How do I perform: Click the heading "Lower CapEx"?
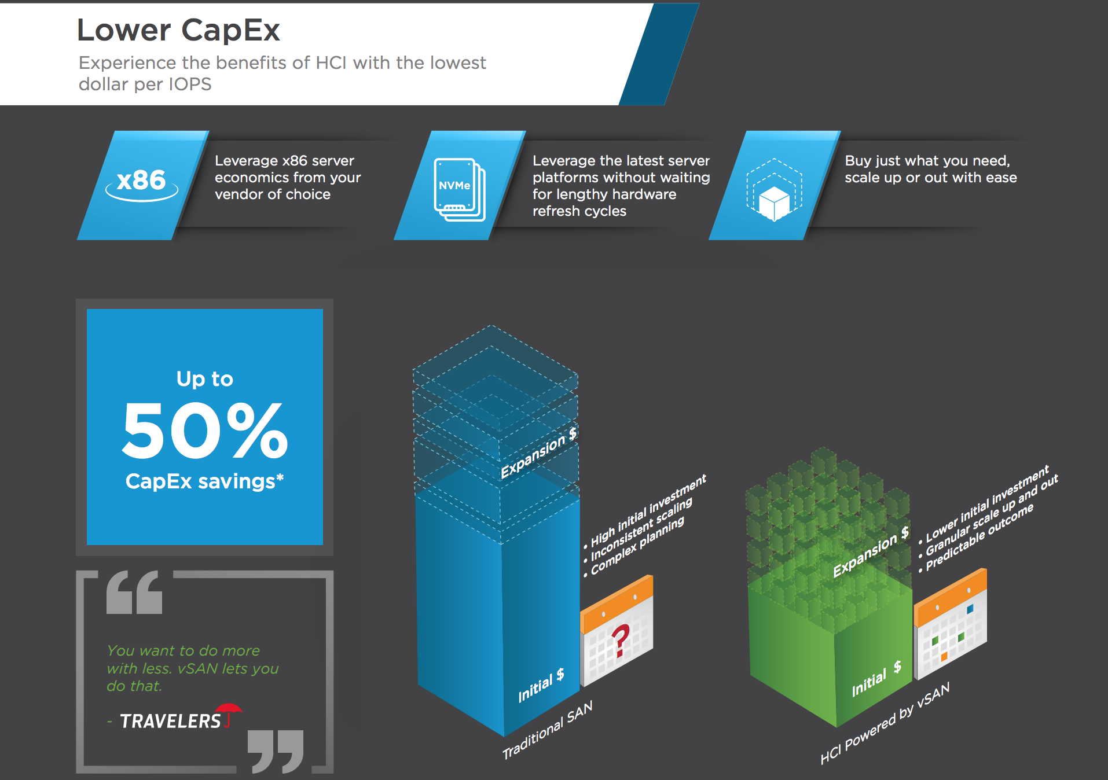click(x=178, y=30)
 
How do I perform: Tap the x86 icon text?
click(x=141, y=181)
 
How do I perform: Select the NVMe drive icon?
click(x=460, y=189)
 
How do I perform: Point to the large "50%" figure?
click(x=205, y=430)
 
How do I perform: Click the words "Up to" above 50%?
click(x=205, y=379)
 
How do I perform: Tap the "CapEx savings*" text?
click(x=205, y=481)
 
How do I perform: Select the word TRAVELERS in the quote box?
click(x=170, y=721)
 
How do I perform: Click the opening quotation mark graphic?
click(x=134, y=592)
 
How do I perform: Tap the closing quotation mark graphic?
click(x=276, y=751)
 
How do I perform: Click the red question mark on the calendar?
click(x=621, y=641)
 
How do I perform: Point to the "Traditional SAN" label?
click(x=548, y=730)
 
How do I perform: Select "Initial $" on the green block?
click(x=876, y=679)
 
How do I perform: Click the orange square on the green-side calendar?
click(x=944, y=656)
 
